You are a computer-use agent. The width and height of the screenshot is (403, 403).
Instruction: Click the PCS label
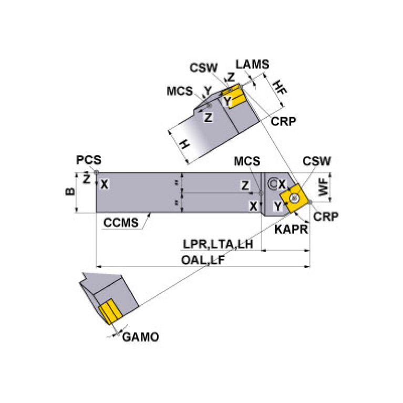click(88, 160)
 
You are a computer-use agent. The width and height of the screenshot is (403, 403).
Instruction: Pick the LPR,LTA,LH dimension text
click(218, 244)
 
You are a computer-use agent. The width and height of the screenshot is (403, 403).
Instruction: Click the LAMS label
click(252, 65)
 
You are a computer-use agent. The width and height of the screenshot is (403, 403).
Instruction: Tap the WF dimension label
click(326, 188)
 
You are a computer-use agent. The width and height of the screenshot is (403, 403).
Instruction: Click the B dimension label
click(69, 192)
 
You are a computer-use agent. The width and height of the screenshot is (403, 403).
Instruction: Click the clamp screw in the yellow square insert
click(295, 197)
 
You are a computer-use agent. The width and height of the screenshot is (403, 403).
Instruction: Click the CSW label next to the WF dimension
click(317, 161)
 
